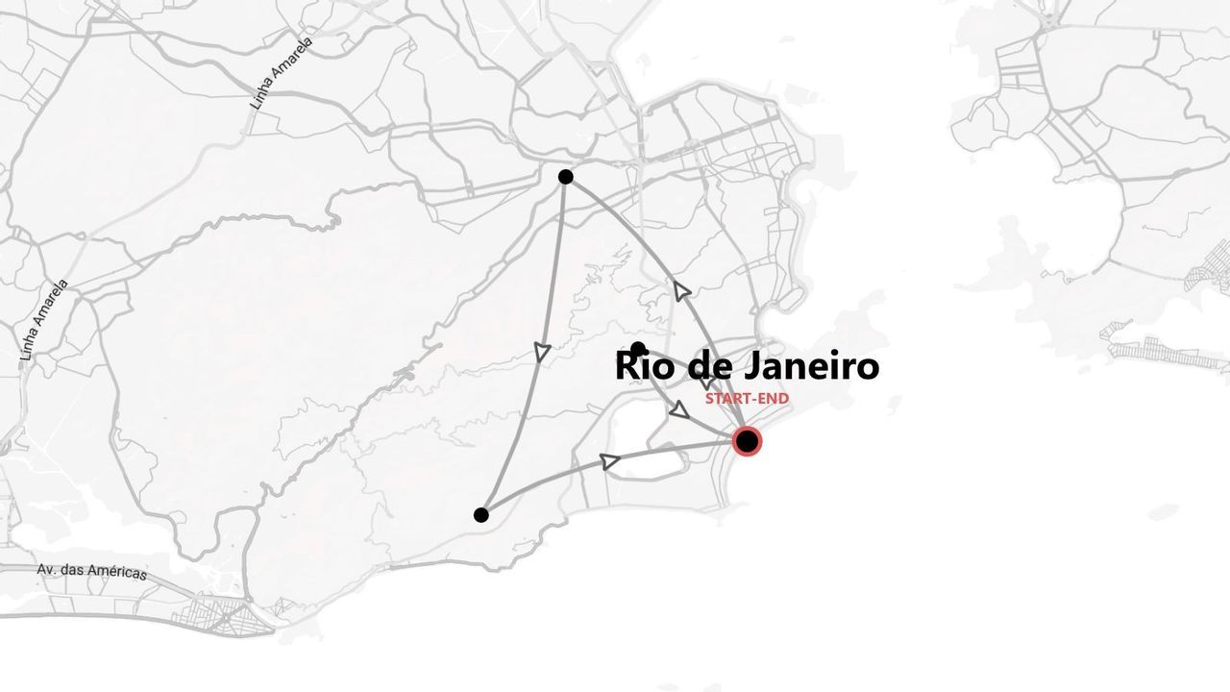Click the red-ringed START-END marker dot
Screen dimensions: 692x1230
pos(747,441)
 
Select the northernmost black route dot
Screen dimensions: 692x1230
pos(565,177)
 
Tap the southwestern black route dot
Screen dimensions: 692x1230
pos(480,515)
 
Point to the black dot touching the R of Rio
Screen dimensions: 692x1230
pos(638,349)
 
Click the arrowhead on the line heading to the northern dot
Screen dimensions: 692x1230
pos(682,290)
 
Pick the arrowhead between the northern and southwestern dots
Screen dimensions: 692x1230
pos(542,353)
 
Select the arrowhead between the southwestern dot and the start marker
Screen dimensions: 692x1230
pos(609,461)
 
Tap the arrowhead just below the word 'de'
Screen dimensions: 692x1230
pos(679,410)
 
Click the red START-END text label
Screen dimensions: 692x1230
pos(747,398)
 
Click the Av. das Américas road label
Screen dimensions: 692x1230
pos(92,571)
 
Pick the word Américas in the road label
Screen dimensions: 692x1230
pos(116,573)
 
